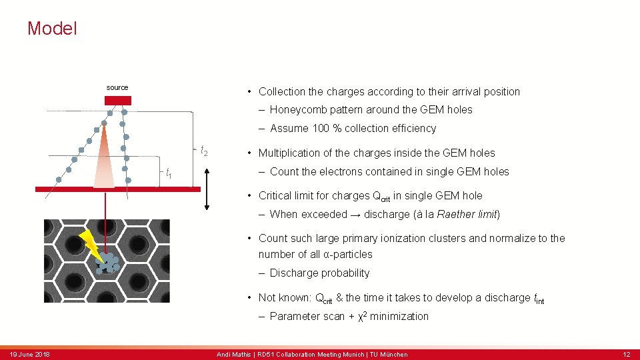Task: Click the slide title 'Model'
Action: click(x=52, y=29)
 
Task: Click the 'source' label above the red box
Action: click(x=117, y=87)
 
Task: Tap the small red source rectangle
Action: click(x=118, y=101)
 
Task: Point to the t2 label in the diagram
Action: click(x=204, y=151)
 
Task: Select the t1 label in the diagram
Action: click(x=169, y=173)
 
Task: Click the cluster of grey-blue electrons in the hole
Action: click(x=107, y=263)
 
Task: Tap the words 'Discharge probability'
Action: click(x=319, y=273)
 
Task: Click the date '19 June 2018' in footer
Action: click(x=29, y=354)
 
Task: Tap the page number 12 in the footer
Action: click(x=626, y=354)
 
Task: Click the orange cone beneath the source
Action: click(x=104, y=160)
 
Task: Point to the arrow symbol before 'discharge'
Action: click(x=356, y=215)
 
